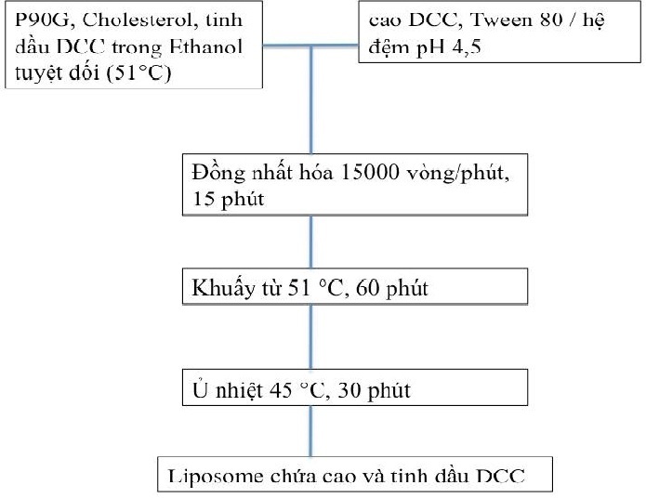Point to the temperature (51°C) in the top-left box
[x=138, y=72]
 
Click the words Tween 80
[x=516, y=20]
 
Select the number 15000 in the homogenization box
[x=370, y=172]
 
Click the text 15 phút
[x=229, y=199]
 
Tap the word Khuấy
[x=223, y=287]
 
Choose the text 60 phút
[x=392, y=288]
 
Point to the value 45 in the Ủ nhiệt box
[x=281, y=389]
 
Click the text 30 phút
[x=374, y=390]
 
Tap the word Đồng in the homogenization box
[x=218, y=173]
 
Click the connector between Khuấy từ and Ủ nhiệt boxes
[x=311, y=336]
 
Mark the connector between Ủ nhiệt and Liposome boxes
[x=311, y=431]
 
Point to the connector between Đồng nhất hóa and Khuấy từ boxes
[x=311, y=242]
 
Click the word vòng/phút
[x=457, y=173]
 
